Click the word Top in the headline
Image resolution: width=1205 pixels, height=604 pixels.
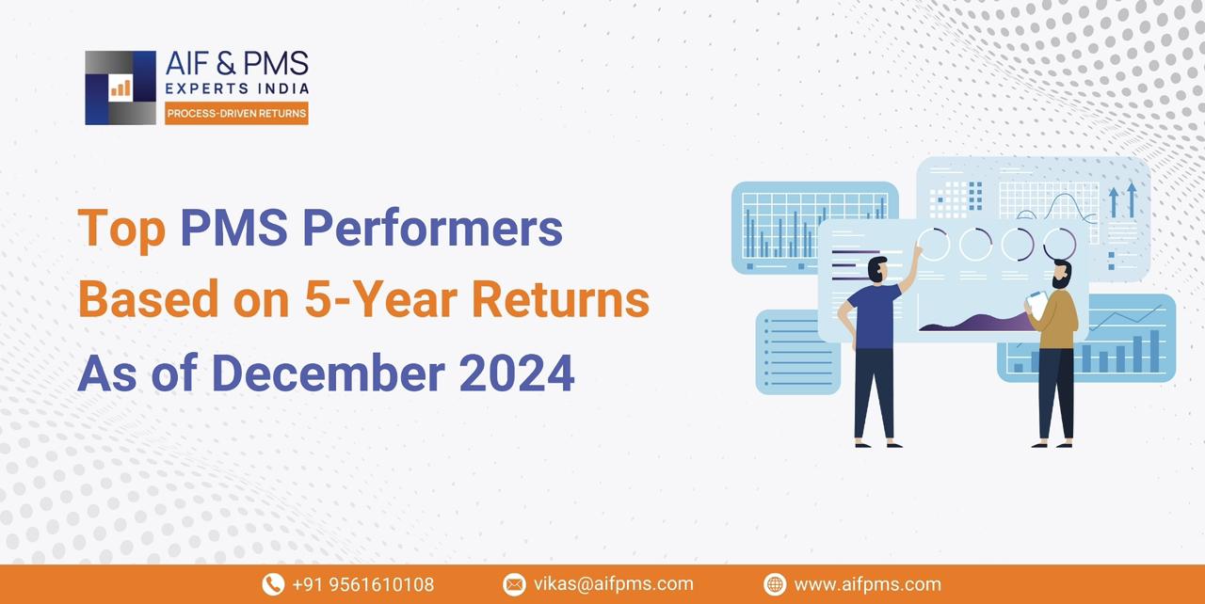[x=120, y=229]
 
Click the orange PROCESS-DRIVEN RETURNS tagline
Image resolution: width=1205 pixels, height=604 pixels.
[x=236, y=114]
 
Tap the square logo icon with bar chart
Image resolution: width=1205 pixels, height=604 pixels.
[x=120, y=87]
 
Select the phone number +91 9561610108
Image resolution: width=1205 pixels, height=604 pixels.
[x=362, y=584]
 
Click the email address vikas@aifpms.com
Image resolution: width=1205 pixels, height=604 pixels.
[x=613, y=584]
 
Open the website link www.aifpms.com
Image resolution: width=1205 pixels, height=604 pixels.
[x=867, y=584]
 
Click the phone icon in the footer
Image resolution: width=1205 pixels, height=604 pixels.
[x=273, y=584]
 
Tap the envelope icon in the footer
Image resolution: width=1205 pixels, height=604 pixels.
[x=514, y=584]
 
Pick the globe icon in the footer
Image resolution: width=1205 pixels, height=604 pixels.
[x=775, y=584]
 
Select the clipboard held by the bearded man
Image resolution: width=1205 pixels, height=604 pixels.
[x=1036, y=303]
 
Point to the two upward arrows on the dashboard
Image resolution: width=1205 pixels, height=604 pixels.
[x=1122, y=200]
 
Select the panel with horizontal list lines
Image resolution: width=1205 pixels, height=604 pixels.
[x=797, y=352]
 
